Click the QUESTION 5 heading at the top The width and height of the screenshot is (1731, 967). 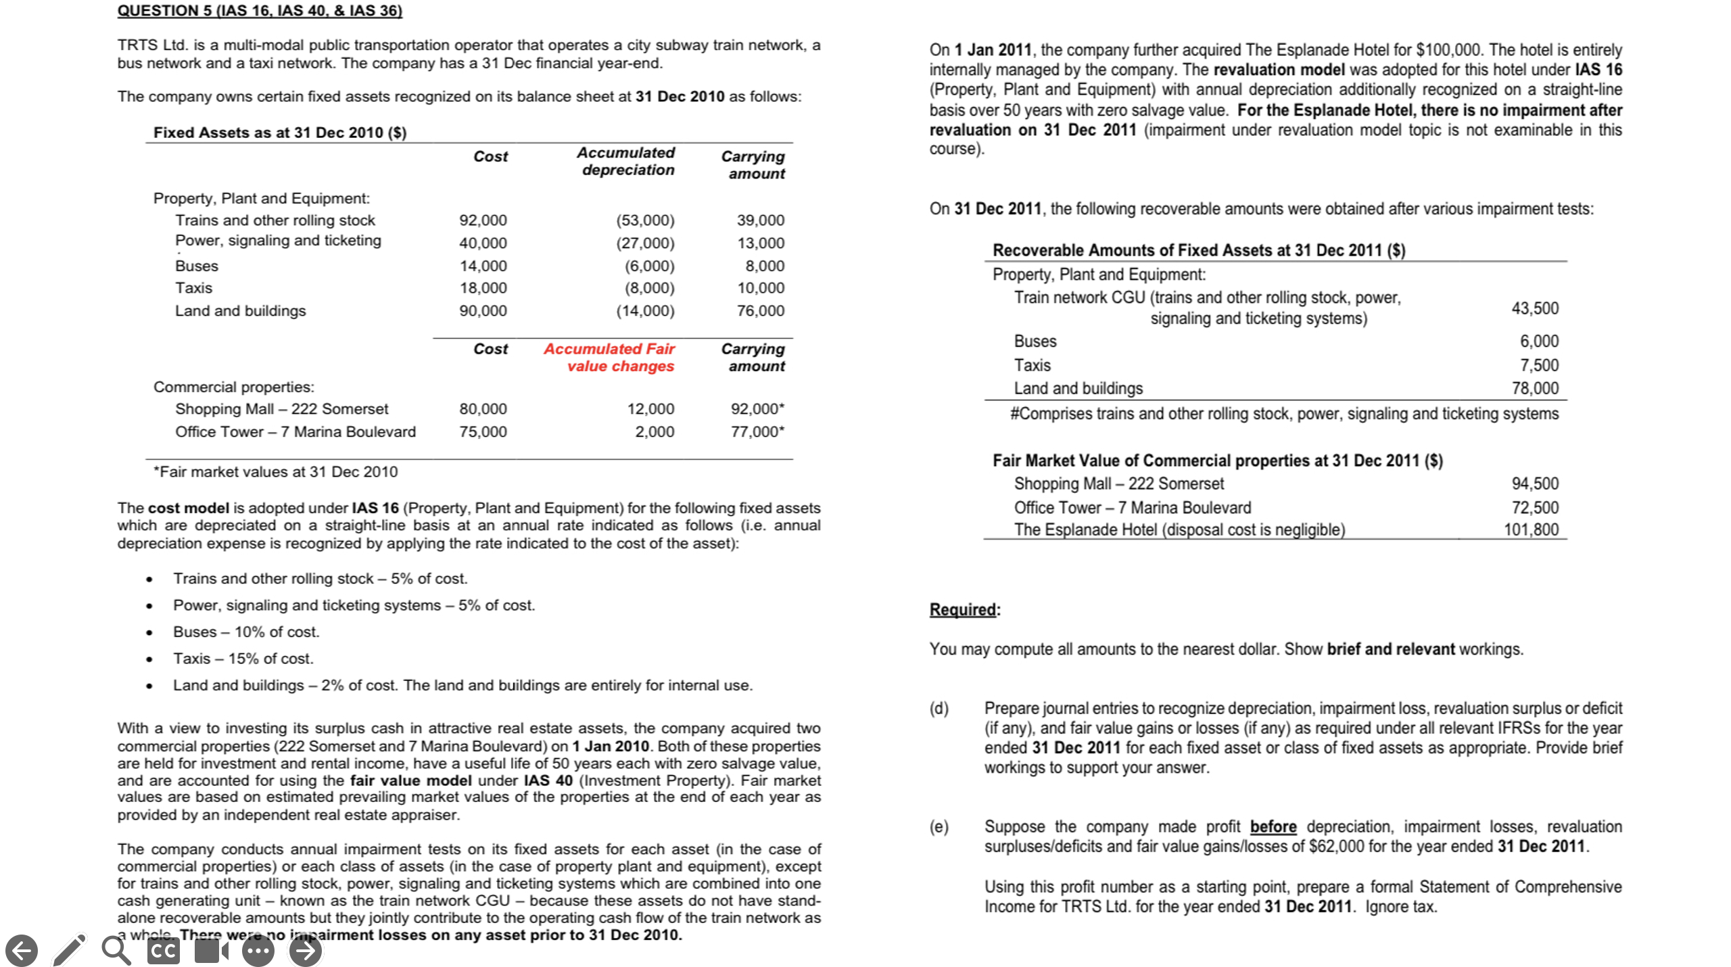click(x=260, y=10)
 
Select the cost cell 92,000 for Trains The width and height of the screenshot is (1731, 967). click(x=483, y=220)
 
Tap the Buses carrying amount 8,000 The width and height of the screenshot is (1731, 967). click(x=765, y=266)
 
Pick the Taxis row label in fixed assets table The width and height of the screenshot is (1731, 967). click(x=193, y=288)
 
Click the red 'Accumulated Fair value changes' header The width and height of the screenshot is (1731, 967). click(x=609, y=357)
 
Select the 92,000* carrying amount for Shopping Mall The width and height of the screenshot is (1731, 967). click(x=757, y=408)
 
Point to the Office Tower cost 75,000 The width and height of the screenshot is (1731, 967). click(x=483, y=431)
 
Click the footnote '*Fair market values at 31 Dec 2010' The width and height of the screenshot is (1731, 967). click(x=275, y=471)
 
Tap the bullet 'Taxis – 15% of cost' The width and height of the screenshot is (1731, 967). click(x=243, y=658)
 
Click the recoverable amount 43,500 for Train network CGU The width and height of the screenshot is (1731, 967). click(x=1535, y=308)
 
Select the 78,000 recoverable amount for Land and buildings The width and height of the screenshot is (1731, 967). click(x=1535, y=388)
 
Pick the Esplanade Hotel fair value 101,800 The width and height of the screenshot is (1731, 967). click(x=1531, y=529)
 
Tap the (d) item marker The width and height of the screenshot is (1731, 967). click(x=939, y=708)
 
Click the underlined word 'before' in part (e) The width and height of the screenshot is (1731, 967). click(x=1273, y=826)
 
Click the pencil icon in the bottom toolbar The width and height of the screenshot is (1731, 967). click(x=69, y=950)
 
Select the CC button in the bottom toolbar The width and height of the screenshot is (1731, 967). click(x=164, y=950)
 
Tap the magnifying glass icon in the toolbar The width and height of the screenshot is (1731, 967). click(x=116, y=950)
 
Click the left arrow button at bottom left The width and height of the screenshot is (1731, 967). click(x=22, y=950)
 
